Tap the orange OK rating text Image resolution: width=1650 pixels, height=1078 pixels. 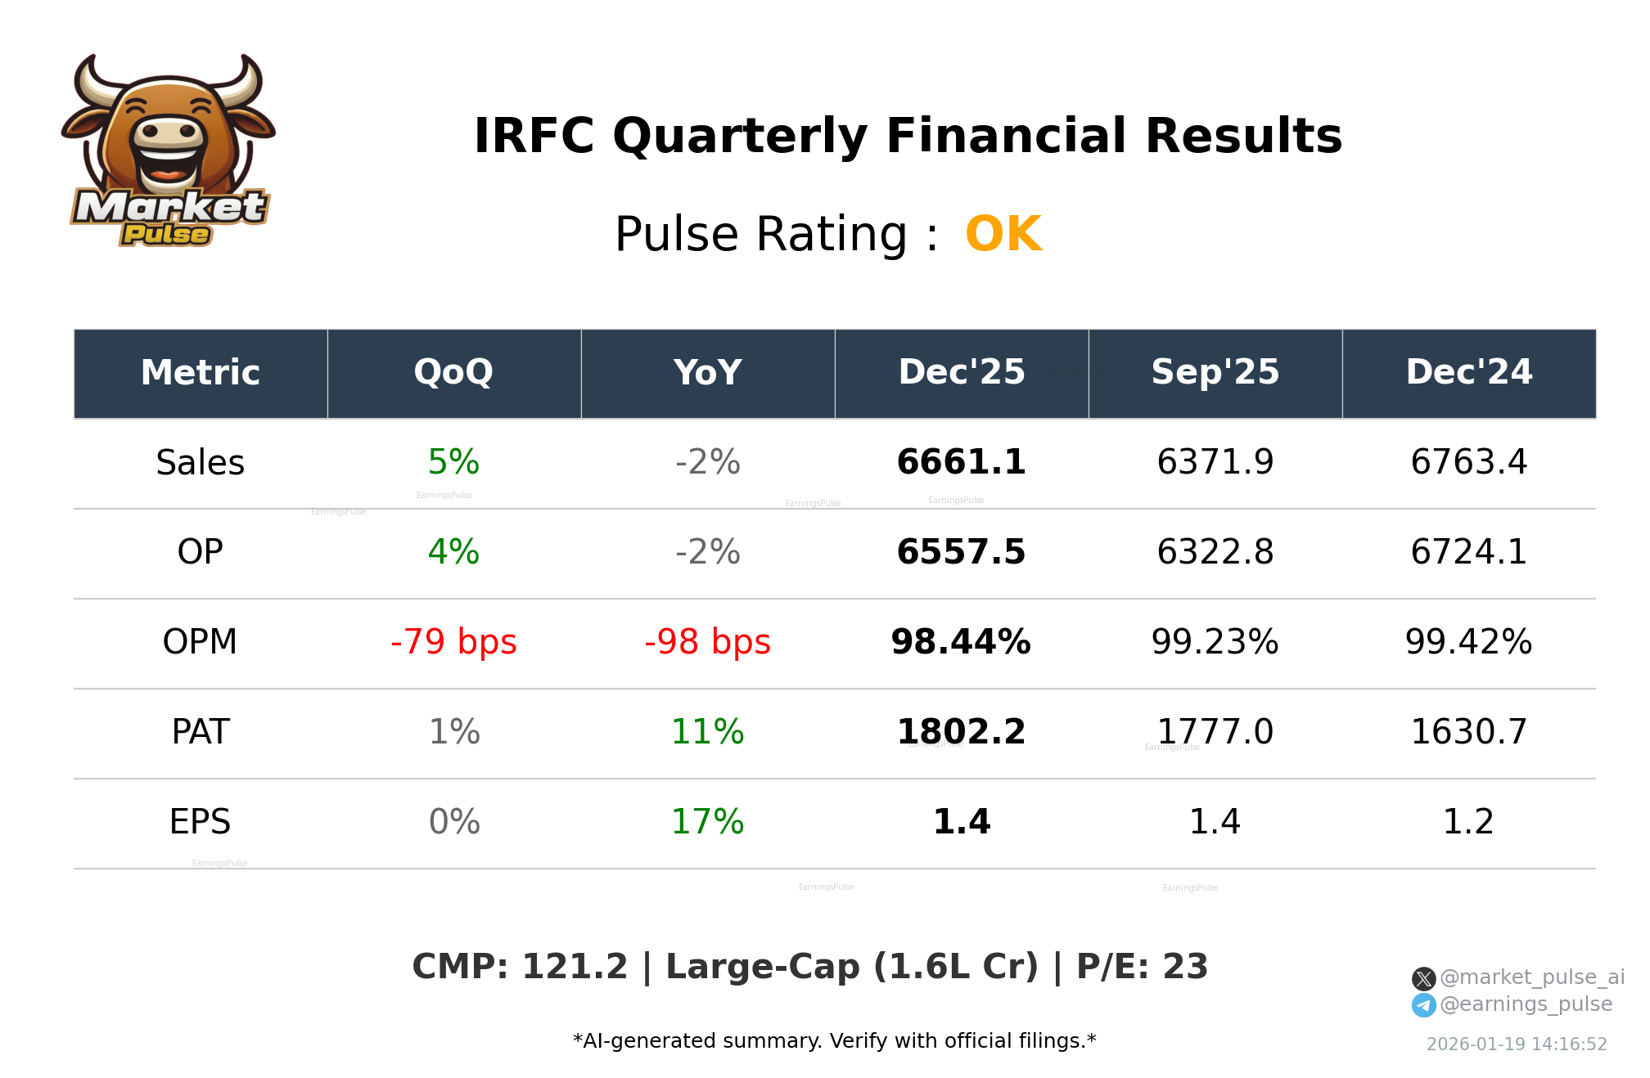[1003, 235]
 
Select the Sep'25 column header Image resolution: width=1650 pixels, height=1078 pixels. [1215, 373]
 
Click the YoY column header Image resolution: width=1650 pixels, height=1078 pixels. [707, 373]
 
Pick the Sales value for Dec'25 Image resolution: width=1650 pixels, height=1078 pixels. [961, 462]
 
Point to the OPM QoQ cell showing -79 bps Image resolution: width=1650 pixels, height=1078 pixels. [453, 642]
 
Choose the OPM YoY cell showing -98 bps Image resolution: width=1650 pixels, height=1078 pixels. [707, 642]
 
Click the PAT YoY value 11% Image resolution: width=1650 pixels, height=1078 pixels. [707, 732]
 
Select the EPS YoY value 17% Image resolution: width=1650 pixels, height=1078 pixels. [707, 822]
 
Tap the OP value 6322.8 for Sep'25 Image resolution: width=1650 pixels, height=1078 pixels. [1215, 552]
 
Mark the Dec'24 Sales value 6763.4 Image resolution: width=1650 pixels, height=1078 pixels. [1468, 462]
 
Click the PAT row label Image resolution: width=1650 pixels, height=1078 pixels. [201, 732]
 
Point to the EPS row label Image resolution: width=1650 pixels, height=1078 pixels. [201, 822]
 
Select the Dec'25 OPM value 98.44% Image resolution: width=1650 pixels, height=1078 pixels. [961, 642]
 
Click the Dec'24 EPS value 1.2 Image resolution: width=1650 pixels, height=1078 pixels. [1468, 822]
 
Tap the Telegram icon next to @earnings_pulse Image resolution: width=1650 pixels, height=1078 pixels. [1423, 1005]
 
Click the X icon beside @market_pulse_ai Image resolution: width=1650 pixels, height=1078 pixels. [1423, 978]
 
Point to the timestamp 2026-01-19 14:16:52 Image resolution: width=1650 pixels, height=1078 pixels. [1517, 1044]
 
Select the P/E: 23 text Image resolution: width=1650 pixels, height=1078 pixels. [1142, 967]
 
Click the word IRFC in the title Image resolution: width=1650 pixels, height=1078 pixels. [534, 136]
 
